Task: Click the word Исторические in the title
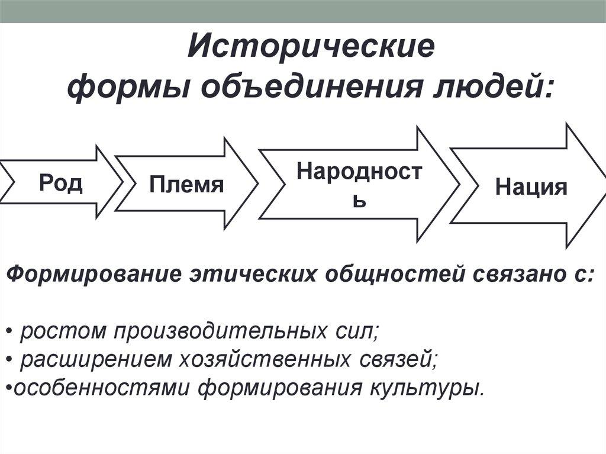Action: point(311,47)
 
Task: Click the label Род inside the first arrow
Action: point(61,182)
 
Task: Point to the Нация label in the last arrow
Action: point(531,187)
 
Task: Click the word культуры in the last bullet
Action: point(425,388)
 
